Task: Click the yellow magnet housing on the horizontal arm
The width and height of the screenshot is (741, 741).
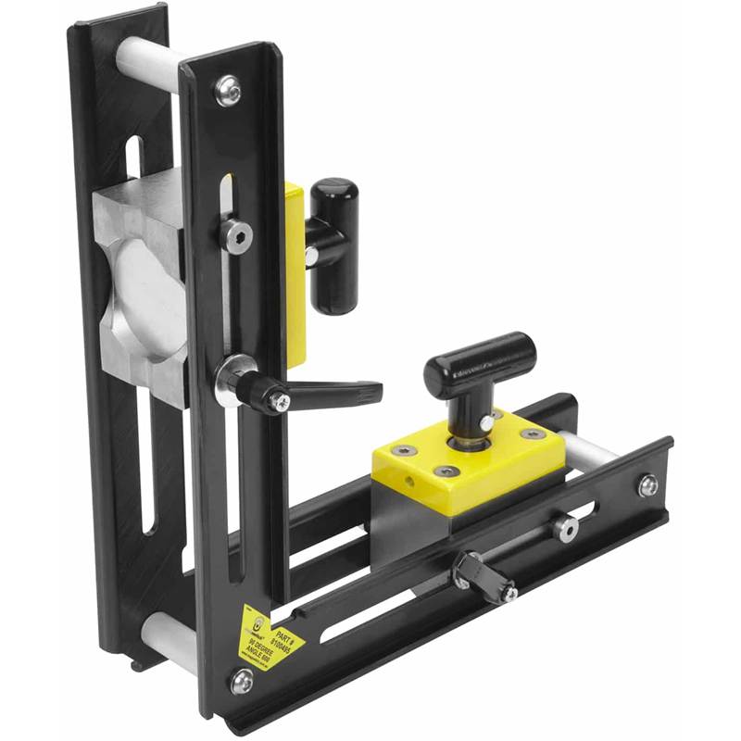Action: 468,463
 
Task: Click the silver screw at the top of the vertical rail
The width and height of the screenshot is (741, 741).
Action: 229,90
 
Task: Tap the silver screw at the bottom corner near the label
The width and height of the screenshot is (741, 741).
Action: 242,681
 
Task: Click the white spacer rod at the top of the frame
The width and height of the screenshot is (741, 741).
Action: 144,57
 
